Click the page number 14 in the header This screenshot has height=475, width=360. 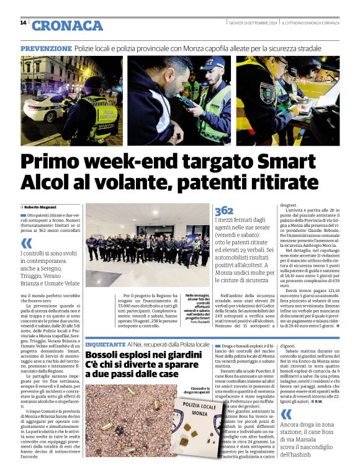pyautogui.click(x=23, y=23)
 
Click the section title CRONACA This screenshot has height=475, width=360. pyautogui.click(x=67, y=25)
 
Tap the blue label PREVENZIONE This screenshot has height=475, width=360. pyautogui.click(x=46, y=48)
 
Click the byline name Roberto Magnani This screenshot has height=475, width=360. pyautogui.click(x=41, y=206)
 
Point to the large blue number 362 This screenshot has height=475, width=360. pyautogui.click(x=224, y=211)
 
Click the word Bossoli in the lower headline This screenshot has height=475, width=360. pyautogui.click(x=106, y=354)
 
